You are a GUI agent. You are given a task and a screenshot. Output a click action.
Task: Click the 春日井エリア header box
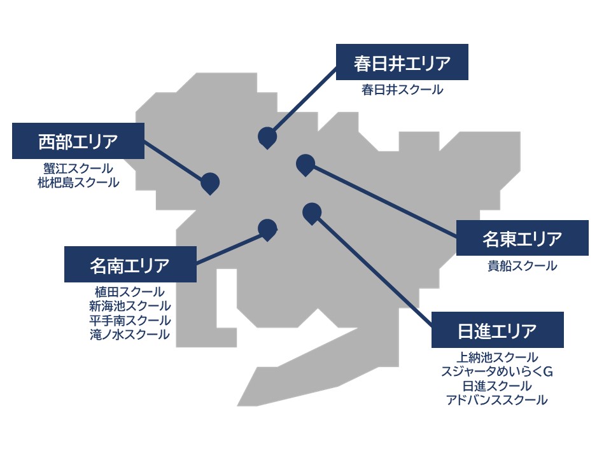tap(402, 62)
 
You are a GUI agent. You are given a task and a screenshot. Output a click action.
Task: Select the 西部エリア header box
tap(78, 141)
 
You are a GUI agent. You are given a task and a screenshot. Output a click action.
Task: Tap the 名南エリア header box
tap(130, 264)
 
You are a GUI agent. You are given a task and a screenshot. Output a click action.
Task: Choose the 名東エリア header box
tap(522, 238)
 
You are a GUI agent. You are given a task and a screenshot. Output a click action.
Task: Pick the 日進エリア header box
tap(497, 330)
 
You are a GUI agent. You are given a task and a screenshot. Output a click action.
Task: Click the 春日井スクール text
tap(402, 90)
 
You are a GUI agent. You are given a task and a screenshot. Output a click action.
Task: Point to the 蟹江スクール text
tap(78, 169)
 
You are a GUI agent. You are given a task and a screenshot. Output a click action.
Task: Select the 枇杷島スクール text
tap(78, 183)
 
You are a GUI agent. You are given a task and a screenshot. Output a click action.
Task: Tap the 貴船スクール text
tap(522, 266)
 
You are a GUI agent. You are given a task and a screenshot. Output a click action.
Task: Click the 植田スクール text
tap(130, 292)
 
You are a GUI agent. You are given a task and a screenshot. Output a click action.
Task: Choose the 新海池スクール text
tap(130, 306)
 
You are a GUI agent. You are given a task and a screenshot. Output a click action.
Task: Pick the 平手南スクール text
tap(130, 321)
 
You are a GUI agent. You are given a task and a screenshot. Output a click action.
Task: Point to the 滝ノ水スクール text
tap(130, 335)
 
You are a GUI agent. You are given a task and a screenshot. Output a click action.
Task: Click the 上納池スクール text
tap(497, 357)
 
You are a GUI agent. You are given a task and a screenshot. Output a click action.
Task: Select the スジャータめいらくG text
tap(497, 371)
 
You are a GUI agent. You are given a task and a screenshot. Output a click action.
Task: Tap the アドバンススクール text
tap(497, 400)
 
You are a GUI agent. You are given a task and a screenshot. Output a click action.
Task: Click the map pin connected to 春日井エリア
tap(267, 137)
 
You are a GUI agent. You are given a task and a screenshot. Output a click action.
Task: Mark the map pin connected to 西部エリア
tap(210, 183)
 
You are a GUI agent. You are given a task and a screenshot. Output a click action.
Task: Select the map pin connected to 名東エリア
tap(305, 164)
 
